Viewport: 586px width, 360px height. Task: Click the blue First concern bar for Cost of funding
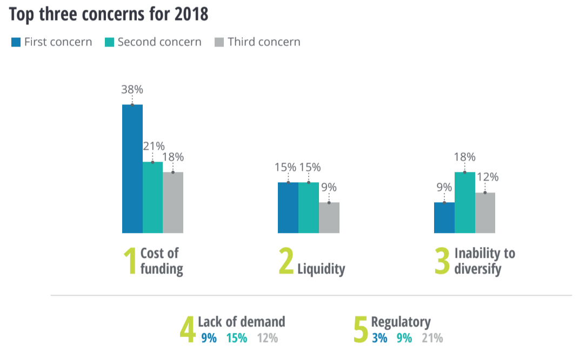[x=132, y=169]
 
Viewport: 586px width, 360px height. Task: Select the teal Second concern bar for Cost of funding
[x=152, y=197]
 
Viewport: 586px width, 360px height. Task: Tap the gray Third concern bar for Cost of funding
[x=173, y=203]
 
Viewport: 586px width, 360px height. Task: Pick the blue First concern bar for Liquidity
[x=288, y=208]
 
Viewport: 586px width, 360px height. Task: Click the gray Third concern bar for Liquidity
[x=329, y=218]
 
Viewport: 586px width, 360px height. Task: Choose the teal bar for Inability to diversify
[x=465, y=203]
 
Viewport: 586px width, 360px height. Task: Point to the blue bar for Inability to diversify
[x=444, y=218]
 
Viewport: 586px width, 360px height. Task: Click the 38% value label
[x=132, y=90]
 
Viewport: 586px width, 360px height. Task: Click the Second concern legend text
[x=159, y=42]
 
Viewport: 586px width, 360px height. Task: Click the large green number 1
[x=130, y=262]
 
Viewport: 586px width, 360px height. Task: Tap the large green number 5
[x=360, y=330]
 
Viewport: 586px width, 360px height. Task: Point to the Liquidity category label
[x=321, y=269]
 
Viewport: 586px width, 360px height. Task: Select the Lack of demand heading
[x=241, y=322]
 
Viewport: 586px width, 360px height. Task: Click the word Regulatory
[x=401, y=322]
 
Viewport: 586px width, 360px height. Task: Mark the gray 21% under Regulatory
[x=432, y=338]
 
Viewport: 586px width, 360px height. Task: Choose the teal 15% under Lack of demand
[x=236, y=338]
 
